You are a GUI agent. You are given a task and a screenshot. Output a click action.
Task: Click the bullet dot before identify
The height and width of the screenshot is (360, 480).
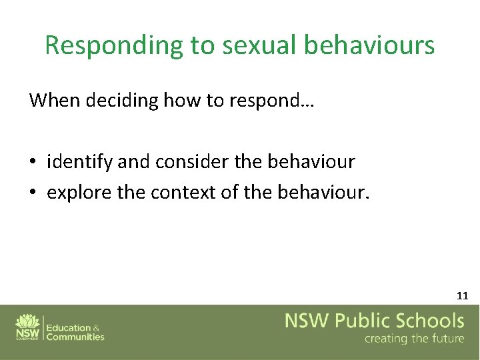point(33,162)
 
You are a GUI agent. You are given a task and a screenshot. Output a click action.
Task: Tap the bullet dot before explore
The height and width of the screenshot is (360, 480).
point(33,193)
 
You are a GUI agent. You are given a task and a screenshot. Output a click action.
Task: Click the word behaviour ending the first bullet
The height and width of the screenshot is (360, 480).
point(311,161)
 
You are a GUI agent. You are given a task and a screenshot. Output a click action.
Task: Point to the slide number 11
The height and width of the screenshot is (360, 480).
point(462,295)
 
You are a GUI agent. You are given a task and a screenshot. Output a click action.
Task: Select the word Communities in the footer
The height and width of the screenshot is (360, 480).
point(75,337)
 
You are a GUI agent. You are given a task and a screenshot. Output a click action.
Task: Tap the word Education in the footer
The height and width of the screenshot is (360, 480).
point(69,327)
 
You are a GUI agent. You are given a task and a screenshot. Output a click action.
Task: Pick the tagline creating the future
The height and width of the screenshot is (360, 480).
point(414,339)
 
